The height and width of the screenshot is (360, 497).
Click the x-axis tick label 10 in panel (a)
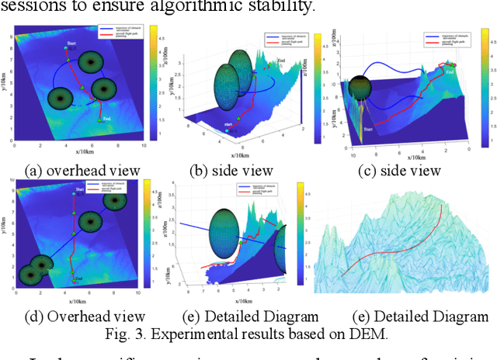point(143,145)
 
